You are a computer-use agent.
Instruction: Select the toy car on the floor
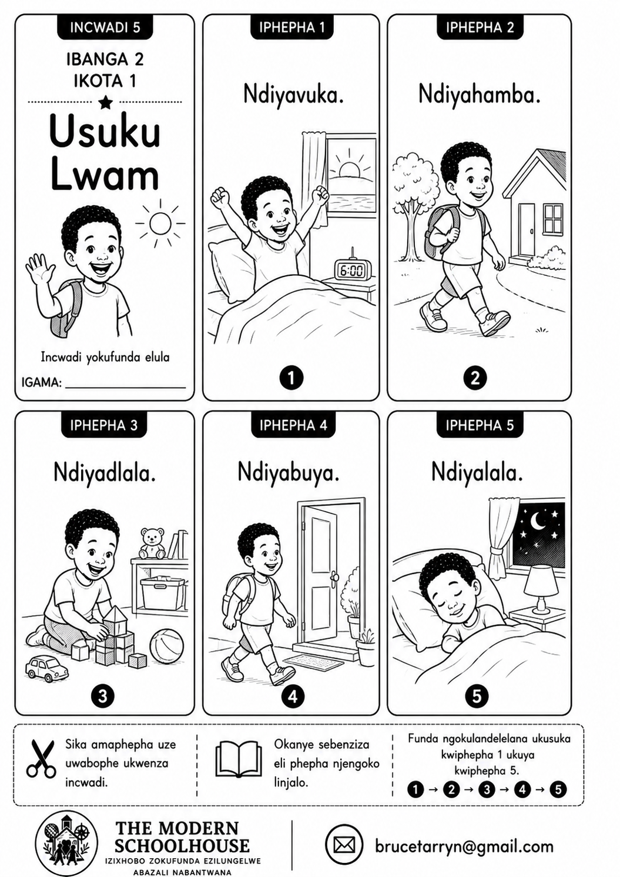coord(46,669)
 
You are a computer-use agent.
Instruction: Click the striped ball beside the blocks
coord(167,646)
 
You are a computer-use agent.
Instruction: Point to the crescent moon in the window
coord(539,521)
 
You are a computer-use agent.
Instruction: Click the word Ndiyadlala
coord(105,473)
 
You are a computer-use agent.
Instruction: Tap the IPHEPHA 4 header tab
coord(293,425)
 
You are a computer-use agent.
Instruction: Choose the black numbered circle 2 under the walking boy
coord(475,378)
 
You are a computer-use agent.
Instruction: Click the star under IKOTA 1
coord(106,102)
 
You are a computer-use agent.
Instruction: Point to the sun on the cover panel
coord(160,223)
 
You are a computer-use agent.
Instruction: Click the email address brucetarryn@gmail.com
coord(464,846)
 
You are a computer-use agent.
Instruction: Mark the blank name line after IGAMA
coord(126,388)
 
